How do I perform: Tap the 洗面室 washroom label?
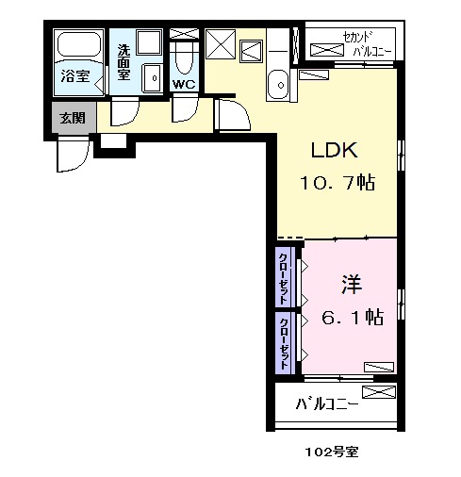pos(123,62)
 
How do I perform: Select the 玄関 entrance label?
pos(73,118)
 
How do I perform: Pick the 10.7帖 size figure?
pos(338,183)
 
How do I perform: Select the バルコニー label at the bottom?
pos(326,405)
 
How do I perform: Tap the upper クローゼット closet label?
pos(284,273)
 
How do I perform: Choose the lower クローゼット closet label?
pos(284,342)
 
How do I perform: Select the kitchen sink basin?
pos(278,85)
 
